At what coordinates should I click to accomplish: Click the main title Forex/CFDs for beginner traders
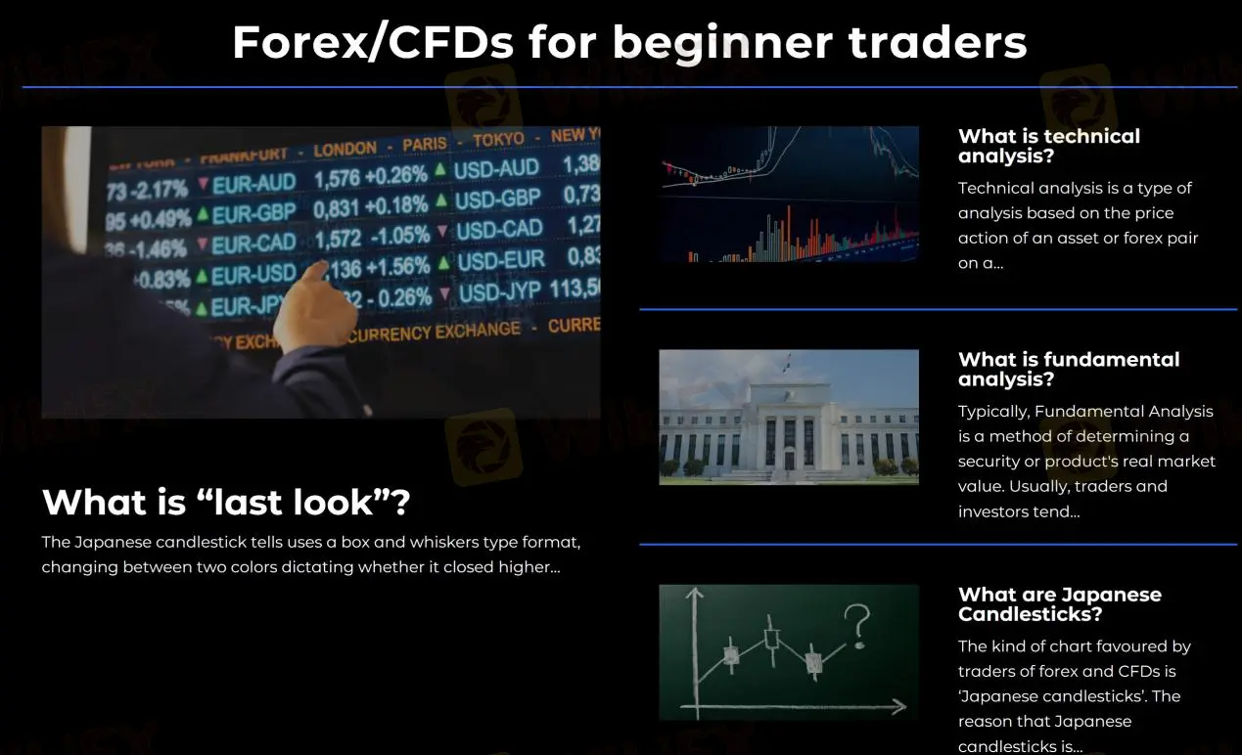point(629,42)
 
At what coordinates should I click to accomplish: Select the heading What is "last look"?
point(226,503)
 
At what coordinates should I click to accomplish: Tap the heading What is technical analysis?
point(1049,146)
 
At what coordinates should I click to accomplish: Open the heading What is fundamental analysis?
point(1069,369)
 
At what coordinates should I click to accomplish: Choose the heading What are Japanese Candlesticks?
point(1060,604)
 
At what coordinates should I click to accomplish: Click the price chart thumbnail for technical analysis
point(789,194)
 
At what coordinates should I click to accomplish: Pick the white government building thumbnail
point(789,417)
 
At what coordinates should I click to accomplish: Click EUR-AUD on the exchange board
point(253,183)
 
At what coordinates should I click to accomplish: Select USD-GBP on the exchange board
point(497,200)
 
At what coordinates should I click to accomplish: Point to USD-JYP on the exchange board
point(499,291)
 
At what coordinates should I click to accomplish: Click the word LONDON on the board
point(345,150)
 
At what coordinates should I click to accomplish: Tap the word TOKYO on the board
point(498,140)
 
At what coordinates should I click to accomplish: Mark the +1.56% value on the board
point(395,266)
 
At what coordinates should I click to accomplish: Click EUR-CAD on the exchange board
point(253,243)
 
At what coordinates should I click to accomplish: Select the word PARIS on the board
point(424,145)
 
